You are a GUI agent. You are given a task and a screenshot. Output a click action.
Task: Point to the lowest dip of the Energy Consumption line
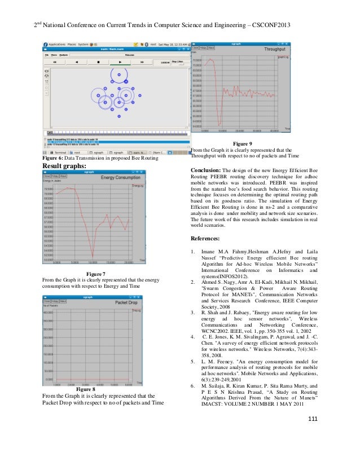pos(93,255)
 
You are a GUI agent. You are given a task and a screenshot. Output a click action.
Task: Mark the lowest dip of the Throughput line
pos(219,125)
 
